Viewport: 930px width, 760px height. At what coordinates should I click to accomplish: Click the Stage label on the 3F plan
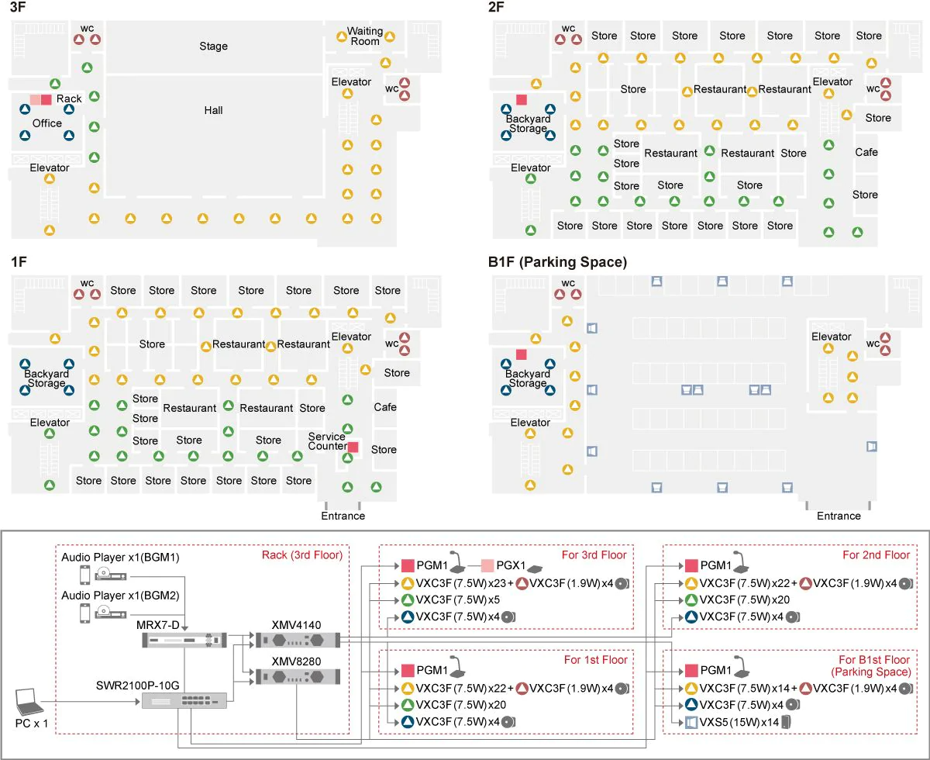[213, 47]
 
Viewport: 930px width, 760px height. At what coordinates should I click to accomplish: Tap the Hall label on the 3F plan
[213, 110]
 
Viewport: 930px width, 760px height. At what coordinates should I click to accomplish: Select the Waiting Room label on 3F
[365, 36]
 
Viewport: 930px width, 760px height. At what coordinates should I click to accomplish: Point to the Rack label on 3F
[69, 98]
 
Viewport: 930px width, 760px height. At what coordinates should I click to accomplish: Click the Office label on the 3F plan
[47, 123]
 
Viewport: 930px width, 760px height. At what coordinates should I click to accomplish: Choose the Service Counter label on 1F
[327, 441]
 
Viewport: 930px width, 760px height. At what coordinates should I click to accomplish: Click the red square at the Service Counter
[353, 447]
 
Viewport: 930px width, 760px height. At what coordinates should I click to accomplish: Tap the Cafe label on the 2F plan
[866, 152]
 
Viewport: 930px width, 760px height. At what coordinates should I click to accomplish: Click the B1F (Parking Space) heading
[557, 262]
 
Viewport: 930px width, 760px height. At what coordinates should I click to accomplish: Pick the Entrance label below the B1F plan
[839, 516]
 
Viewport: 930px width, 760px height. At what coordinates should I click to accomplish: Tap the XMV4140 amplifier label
[292, 624]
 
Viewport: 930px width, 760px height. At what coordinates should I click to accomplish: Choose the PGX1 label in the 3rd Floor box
[512, 565]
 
